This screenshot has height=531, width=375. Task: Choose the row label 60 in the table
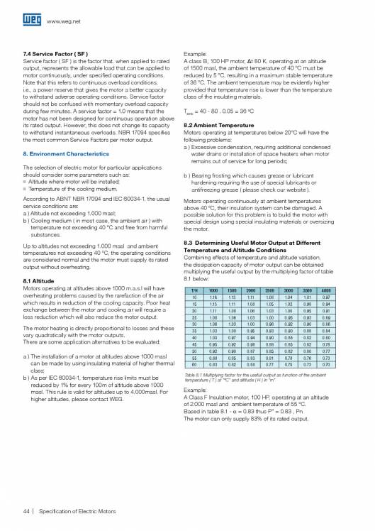point(194,363)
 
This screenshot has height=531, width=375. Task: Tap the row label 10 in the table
point(194,298)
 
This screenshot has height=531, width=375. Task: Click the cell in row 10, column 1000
point(213,298)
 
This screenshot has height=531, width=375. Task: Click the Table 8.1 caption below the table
point(254,376)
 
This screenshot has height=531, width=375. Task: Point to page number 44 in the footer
point(28,511)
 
